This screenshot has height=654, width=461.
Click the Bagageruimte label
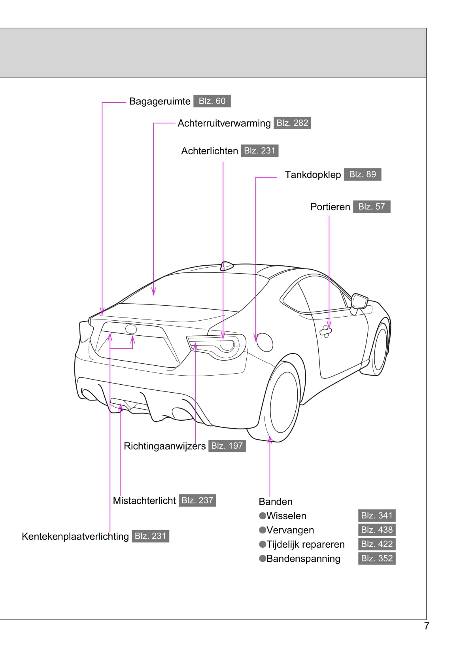click(160, 101)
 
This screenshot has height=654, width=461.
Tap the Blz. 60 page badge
click(212, 101)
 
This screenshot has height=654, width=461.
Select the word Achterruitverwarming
click(224, 123)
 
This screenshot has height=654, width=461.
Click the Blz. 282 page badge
click(292, 123)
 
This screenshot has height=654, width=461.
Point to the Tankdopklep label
click(313, 175)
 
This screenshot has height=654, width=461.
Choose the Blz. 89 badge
click(363, 174)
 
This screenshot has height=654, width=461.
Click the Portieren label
click(330, 207)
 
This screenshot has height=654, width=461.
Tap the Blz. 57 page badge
click(372, 207)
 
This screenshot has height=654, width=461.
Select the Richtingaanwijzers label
click(164, 446)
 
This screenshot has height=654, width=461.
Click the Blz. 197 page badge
click(227, 446)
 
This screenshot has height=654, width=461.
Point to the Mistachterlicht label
click(144, 501)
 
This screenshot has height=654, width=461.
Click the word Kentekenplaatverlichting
click(75, 537)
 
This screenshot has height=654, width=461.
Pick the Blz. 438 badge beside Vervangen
click(377, 530)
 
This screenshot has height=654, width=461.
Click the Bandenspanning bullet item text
click(303, 559)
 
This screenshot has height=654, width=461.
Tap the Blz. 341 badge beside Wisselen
click(377, 516)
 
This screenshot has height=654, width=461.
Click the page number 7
click(426, 626)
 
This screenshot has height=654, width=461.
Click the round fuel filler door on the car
click(264, 342)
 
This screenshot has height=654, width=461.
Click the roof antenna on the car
click(227, 266)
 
